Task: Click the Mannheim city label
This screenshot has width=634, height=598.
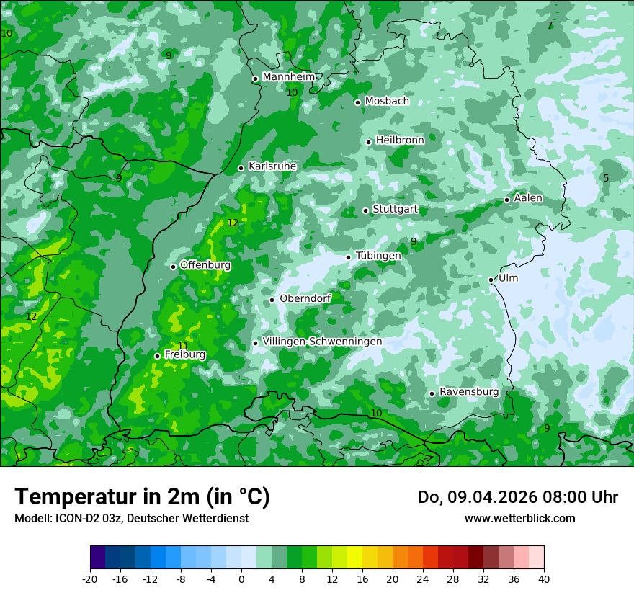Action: pos(288,76)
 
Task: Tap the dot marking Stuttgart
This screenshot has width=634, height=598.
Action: pos(365,210)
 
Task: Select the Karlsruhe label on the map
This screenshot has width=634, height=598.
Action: pos(272,166)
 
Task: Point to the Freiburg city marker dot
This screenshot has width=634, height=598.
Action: pos(157,356)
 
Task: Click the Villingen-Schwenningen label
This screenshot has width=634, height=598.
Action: pos(322,342)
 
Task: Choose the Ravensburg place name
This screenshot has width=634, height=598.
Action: pos(468,392)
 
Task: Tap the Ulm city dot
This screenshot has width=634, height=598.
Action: pos(491,280)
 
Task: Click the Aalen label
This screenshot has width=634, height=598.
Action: pos(528,198)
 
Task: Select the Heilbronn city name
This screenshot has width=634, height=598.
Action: pos(400,140)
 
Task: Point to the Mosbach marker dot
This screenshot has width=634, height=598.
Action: pos(357,102)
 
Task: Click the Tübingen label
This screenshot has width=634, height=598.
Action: pos(378,256)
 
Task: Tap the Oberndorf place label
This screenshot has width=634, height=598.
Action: pos(305,298)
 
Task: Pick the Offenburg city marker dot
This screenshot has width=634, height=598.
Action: pos(173,267)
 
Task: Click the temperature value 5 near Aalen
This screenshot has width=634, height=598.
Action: pos(606,178)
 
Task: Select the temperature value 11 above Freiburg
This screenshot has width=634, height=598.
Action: pos(182,346)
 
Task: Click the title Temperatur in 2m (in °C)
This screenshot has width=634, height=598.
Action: pos(142,496)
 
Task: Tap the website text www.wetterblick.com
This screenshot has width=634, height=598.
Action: pos(519,518)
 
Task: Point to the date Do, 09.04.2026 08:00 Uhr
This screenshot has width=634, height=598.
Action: pos(517,497)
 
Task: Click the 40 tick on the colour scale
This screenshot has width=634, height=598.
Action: pos(543,579)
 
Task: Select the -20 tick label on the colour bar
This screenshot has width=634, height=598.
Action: pos(90,579)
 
